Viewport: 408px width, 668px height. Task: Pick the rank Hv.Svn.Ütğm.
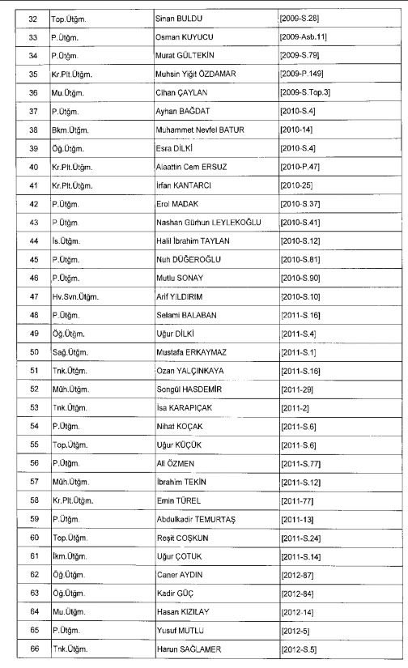tap(74, 296)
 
